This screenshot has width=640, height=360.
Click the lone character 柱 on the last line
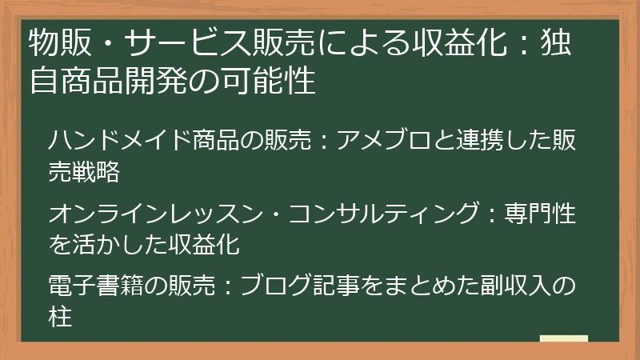click(61, 315)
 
